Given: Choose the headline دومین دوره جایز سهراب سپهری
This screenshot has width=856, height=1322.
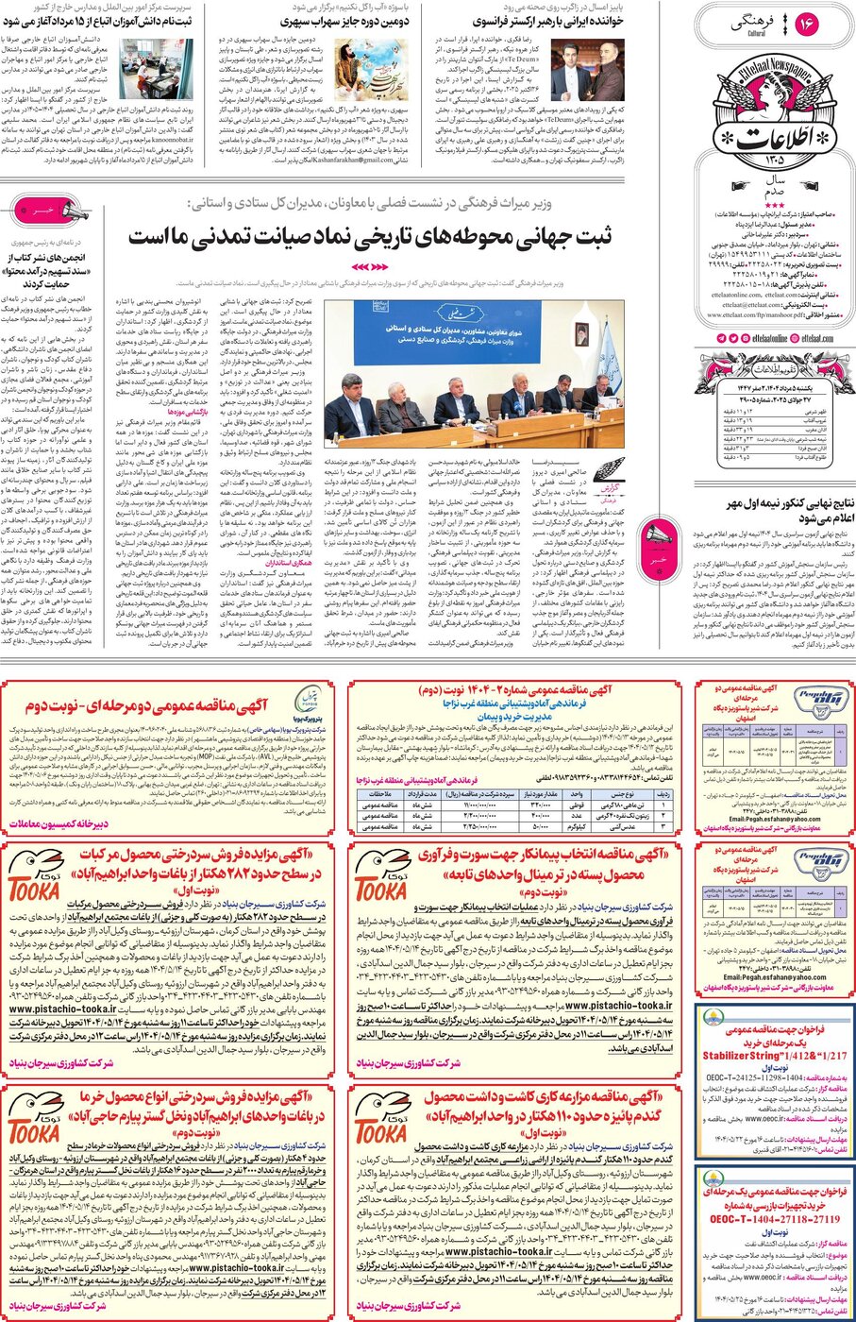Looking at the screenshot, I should click(344, 20).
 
